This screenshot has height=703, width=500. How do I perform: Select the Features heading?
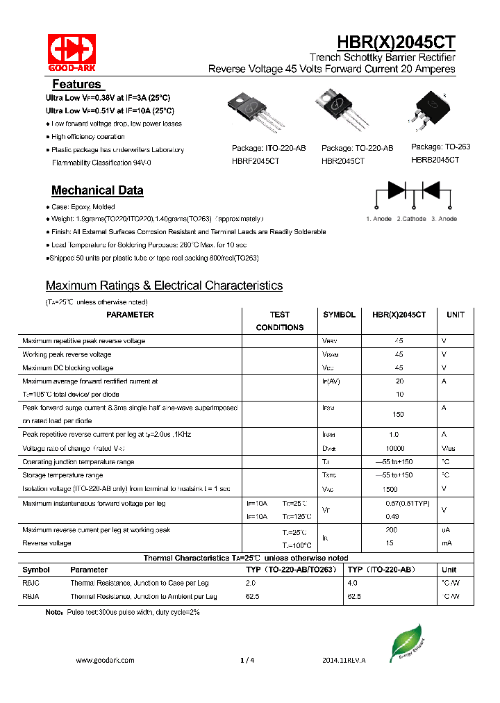[76, 84]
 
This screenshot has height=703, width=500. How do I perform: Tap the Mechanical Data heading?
[97, 190]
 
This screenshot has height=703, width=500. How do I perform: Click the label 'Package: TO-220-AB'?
[357, 148]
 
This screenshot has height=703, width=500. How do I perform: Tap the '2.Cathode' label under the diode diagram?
[412, 219]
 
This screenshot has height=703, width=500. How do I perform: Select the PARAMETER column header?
[130, 315]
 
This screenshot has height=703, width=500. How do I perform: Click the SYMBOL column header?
[339, 315]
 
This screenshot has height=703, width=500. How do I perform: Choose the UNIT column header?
[456, 315]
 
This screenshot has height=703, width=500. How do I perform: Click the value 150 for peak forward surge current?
[399, 414]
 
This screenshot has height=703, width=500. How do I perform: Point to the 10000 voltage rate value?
[395, 449]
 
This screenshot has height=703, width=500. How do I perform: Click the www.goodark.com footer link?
[105, 661]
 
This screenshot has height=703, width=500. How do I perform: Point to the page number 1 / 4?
[247, 661]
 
